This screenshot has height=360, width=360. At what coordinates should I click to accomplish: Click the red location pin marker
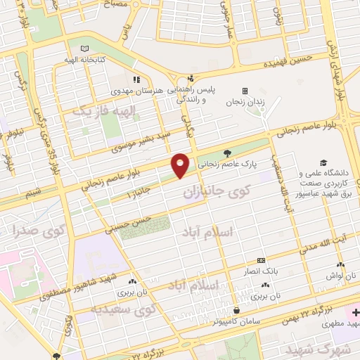tap(181, 165)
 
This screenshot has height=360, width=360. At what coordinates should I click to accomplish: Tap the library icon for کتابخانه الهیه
tap(85, 49)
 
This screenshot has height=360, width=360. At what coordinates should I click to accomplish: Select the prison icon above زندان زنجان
tap(245, 91)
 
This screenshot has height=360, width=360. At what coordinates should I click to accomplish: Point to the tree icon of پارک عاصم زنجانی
tap(226, 152)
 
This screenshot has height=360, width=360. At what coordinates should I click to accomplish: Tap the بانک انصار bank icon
tap(260, 260)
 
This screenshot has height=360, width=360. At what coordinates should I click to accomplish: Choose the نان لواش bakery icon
tap(340, 265)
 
